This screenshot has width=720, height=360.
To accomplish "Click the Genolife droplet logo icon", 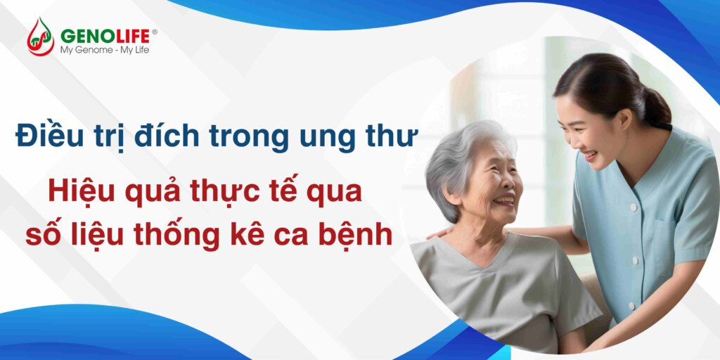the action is [40, 37].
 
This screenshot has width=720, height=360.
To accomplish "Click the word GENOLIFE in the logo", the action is [105, 36].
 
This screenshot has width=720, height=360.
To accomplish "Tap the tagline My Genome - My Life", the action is [105, 50].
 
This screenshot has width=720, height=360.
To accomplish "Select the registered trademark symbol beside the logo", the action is [154, 32].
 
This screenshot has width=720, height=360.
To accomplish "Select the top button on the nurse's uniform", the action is [634, 207].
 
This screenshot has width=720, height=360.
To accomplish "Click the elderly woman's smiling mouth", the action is [505, 200].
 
